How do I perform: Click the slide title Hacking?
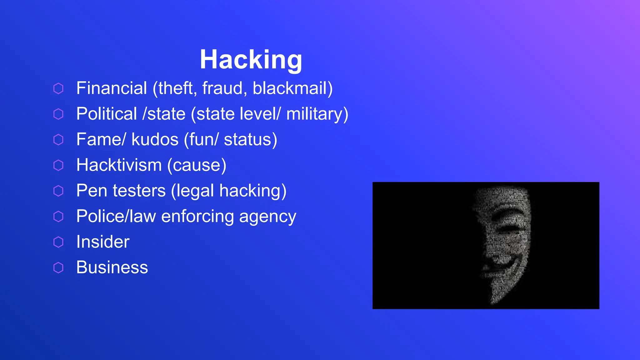(251, 59)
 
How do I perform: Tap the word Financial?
(112, 88)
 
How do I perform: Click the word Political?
(107, 114)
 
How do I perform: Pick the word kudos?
(155, 139)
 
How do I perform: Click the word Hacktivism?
(119, 165)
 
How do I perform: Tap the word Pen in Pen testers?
(89, 191)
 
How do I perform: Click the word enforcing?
(197, 217)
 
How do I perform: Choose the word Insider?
(103, 242)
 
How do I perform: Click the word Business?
(112, 267)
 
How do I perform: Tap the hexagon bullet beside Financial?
(58, 88)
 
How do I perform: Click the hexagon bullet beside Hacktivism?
(58, 165)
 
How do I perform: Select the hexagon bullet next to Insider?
(58, 242)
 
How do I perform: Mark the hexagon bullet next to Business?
(58, 268)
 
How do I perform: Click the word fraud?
(222, 88)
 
